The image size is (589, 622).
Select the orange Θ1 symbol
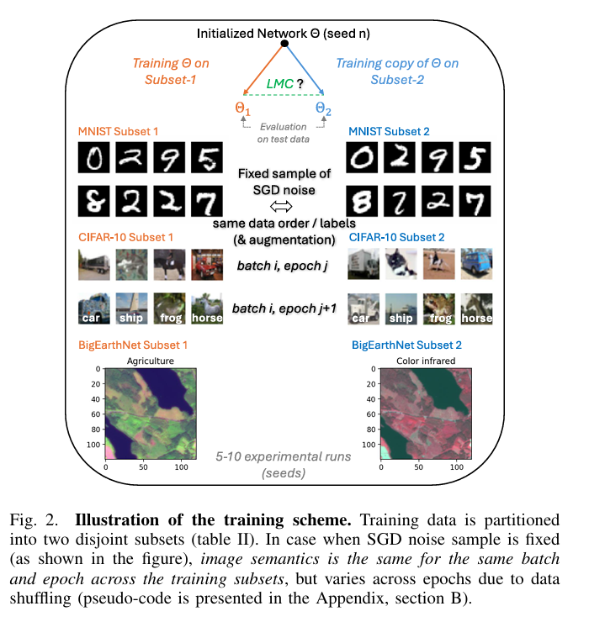pos(242,108)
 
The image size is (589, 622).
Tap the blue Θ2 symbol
pos(323,108)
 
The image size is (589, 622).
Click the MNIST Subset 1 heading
pos(117,131)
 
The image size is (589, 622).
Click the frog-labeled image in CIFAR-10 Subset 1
pos(169,308)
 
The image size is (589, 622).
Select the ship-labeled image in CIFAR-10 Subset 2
pos(400,308)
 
